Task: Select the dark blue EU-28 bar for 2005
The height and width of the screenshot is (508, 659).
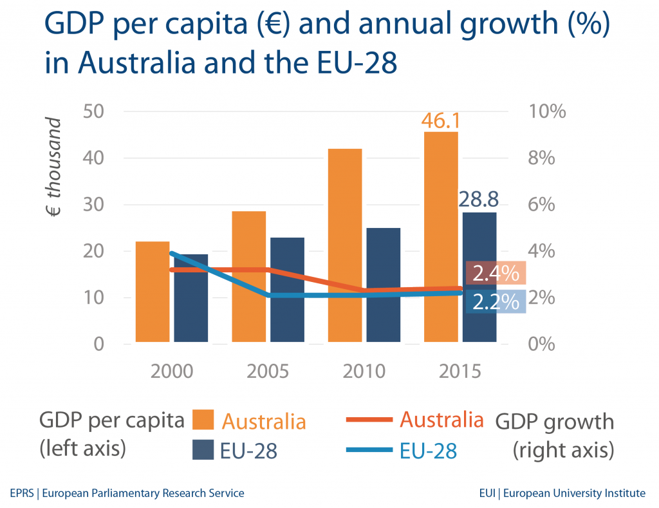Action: tap(287, 290)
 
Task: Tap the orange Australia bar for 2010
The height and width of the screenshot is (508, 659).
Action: tap(345, 245)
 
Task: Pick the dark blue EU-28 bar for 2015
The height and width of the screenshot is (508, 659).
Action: tap(479, 277)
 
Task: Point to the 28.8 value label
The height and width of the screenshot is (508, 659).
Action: tap(479, 199)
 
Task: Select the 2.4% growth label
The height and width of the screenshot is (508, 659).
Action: tap(496, 274)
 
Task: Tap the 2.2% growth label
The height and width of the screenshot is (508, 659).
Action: tap(496, 301)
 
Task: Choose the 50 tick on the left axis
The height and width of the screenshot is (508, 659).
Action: tap(95, 111)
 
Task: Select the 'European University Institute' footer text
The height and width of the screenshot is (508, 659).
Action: tap(574, 494)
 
